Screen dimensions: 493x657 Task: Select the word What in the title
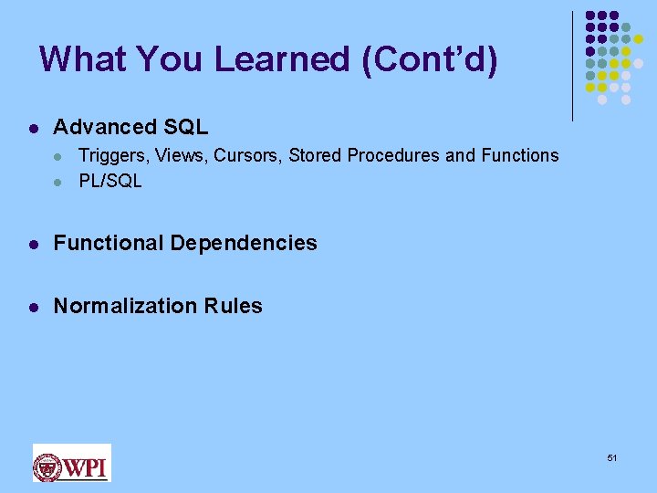pos(83,59)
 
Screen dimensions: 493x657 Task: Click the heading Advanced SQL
pos(130,127)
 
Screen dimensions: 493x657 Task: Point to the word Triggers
pos(114,156)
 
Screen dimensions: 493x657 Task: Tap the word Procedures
pos(391,156)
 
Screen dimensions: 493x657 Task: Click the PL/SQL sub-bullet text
pos(110,181)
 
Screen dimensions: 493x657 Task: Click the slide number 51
pos(612,457)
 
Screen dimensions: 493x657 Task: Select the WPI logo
pos(71,463)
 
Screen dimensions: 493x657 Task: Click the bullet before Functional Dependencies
pos(33,244)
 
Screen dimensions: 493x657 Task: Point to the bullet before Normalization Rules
pos(33,307)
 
